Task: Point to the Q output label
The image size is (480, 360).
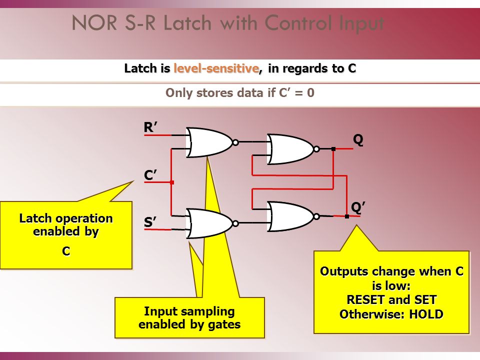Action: pyautogui.click(x=358, y=140)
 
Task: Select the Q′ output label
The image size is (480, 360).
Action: pyautogui.click(x=357, y=207)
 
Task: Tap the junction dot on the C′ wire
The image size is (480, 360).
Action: pyautogui.click(x=171, y=182)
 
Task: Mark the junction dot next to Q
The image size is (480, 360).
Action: pyautogui.click(x=333, y=149)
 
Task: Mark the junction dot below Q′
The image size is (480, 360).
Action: pyautogui.click(x=347, y=216)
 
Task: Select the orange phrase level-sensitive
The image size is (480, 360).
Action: pyautogui.click(x=217, y=68)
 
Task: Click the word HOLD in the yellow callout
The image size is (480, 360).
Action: pyautogui.click(x=425, y=314)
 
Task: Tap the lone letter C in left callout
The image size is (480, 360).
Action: pyautogui.click(x=66, y=251)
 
